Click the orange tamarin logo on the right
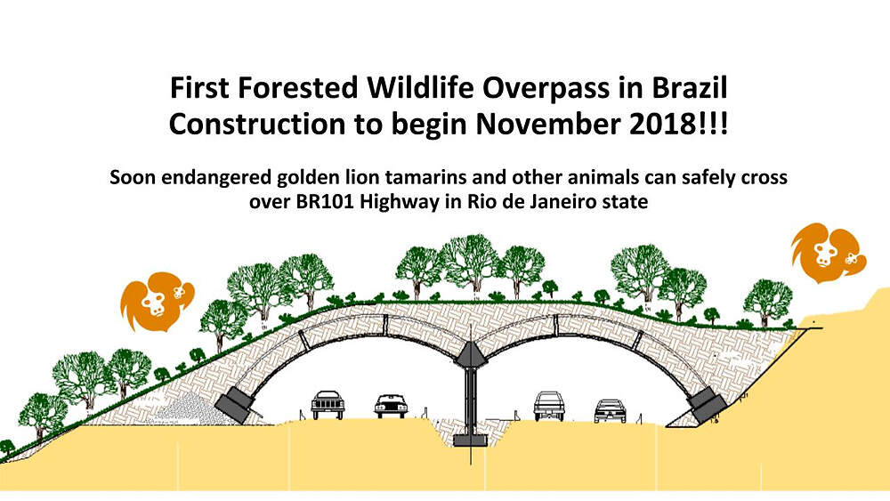828,253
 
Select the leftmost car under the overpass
328,405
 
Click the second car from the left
391,407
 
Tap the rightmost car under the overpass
610,411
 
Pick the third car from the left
549,407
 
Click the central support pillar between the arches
471,401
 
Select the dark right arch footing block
707,405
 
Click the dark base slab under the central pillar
471,440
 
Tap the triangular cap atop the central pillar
471,355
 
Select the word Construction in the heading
257,125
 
